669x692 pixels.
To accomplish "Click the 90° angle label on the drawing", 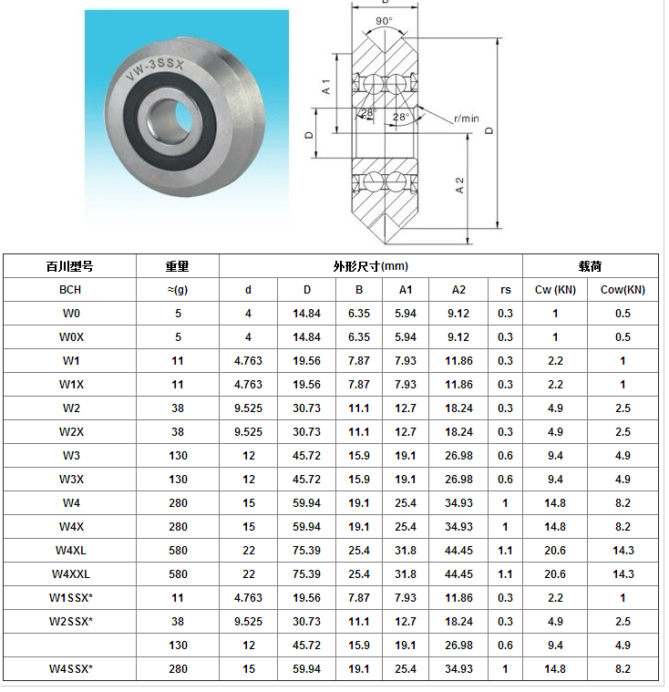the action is pos(384,21).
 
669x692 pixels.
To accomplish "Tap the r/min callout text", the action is pos(467,119).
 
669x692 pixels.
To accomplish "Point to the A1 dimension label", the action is pos(326,87).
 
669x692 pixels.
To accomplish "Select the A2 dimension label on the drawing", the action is pos(459,185).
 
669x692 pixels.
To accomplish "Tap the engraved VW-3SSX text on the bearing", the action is pos(154,69).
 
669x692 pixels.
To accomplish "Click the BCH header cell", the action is pos(70,290).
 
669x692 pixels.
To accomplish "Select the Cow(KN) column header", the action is pos(623,290).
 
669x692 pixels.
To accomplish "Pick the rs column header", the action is pos(505,290).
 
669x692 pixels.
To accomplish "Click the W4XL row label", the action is pos(71,551).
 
